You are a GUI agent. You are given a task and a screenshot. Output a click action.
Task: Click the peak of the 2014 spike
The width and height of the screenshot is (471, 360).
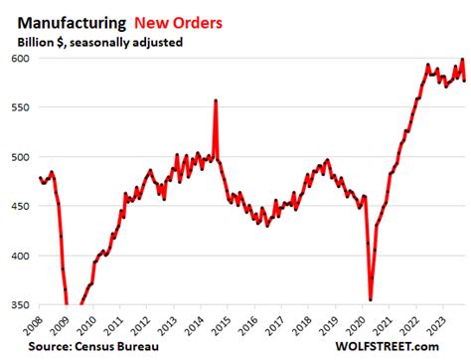[x=216, y=100]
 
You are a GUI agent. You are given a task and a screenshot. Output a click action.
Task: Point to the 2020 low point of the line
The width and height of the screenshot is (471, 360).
[x=371, y=298]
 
